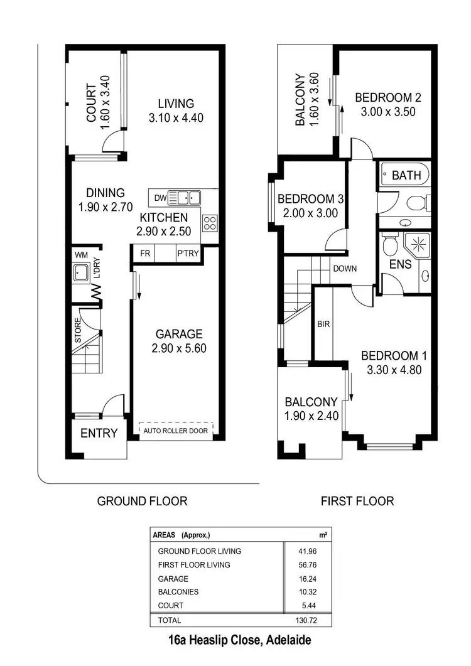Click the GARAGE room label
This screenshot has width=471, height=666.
[x=179, y=334]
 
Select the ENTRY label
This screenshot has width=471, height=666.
[x=99, y=433]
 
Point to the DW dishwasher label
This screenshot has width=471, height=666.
[x=160, y=198]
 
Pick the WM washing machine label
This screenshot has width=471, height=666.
[x=81, y=255]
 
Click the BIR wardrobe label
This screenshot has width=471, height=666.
[x=324, y=325]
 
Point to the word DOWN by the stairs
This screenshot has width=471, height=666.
[x=345, y=269]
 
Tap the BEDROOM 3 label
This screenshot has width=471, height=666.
[x=310, y=199]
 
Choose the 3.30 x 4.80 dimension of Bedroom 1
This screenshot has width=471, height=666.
[x=394, y=370]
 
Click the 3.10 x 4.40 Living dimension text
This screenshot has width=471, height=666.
[x=176, y=117]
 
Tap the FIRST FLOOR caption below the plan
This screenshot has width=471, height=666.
[x=357, y=501]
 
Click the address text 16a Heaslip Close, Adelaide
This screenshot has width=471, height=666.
[x=241, y=641]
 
